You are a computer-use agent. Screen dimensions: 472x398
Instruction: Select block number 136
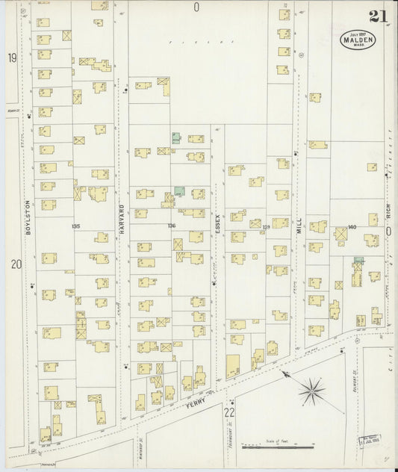pos(172,226)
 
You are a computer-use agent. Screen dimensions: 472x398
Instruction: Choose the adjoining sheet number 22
pos(230,412)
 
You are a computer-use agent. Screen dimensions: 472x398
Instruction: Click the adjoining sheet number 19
pos(12,58)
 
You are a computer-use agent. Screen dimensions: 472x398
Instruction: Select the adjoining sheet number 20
pos(15,264)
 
